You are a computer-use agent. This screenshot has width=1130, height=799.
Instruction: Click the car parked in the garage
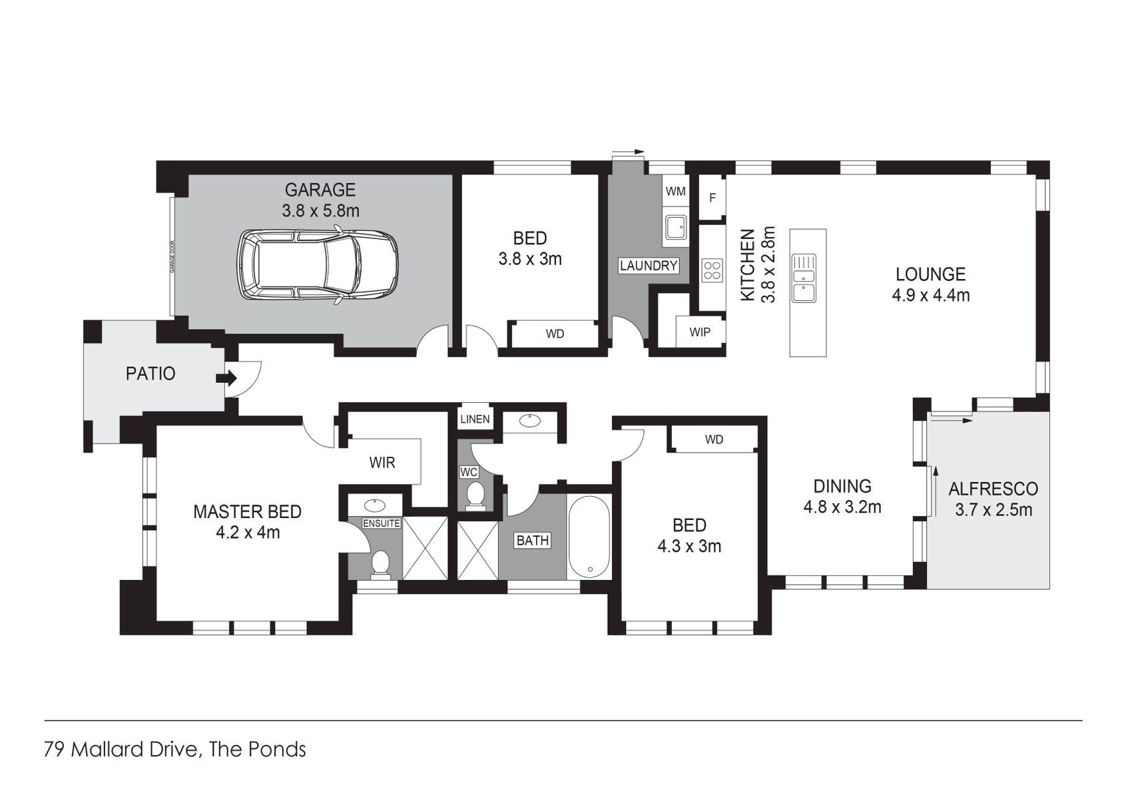pos(318,266)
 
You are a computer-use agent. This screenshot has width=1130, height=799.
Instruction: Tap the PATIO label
pos(150,374)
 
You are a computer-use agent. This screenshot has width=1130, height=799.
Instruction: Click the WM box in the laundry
pos(675,192)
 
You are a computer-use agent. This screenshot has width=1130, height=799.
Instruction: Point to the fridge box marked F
pos(712,198)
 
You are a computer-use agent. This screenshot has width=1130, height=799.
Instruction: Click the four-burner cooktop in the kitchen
pos(712,270)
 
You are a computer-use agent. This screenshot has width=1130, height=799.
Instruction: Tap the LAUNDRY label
pos(648,266)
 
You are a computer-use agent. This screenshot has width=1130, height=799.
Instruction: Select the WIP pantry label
pos(700,332)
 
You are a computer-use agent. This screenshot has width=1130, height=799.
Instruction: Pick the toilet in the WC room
pos(475,496)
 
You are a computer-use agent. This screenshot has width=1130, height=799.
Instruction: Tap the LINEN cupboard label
pos(475,419)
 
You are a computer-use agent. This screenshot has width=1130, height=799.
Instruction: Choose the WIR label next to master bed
pos(382,462)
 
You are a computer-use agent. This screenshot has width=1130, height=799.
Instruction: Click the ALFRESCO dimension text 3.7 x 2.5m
pos(993,511)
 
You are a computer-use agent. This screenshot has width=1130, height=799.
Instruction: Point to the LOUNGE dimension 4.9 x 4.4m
pos(930,295)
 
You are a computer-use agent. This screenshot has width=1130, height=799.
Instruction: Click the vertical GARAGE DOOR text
pos(172,257)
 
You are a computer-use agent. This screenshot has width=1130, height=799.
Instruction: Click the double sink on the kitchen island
pos(805,278)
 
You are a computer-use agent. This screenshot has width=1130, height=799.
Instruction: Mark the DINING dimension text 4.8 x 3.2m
pos(842,507)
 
